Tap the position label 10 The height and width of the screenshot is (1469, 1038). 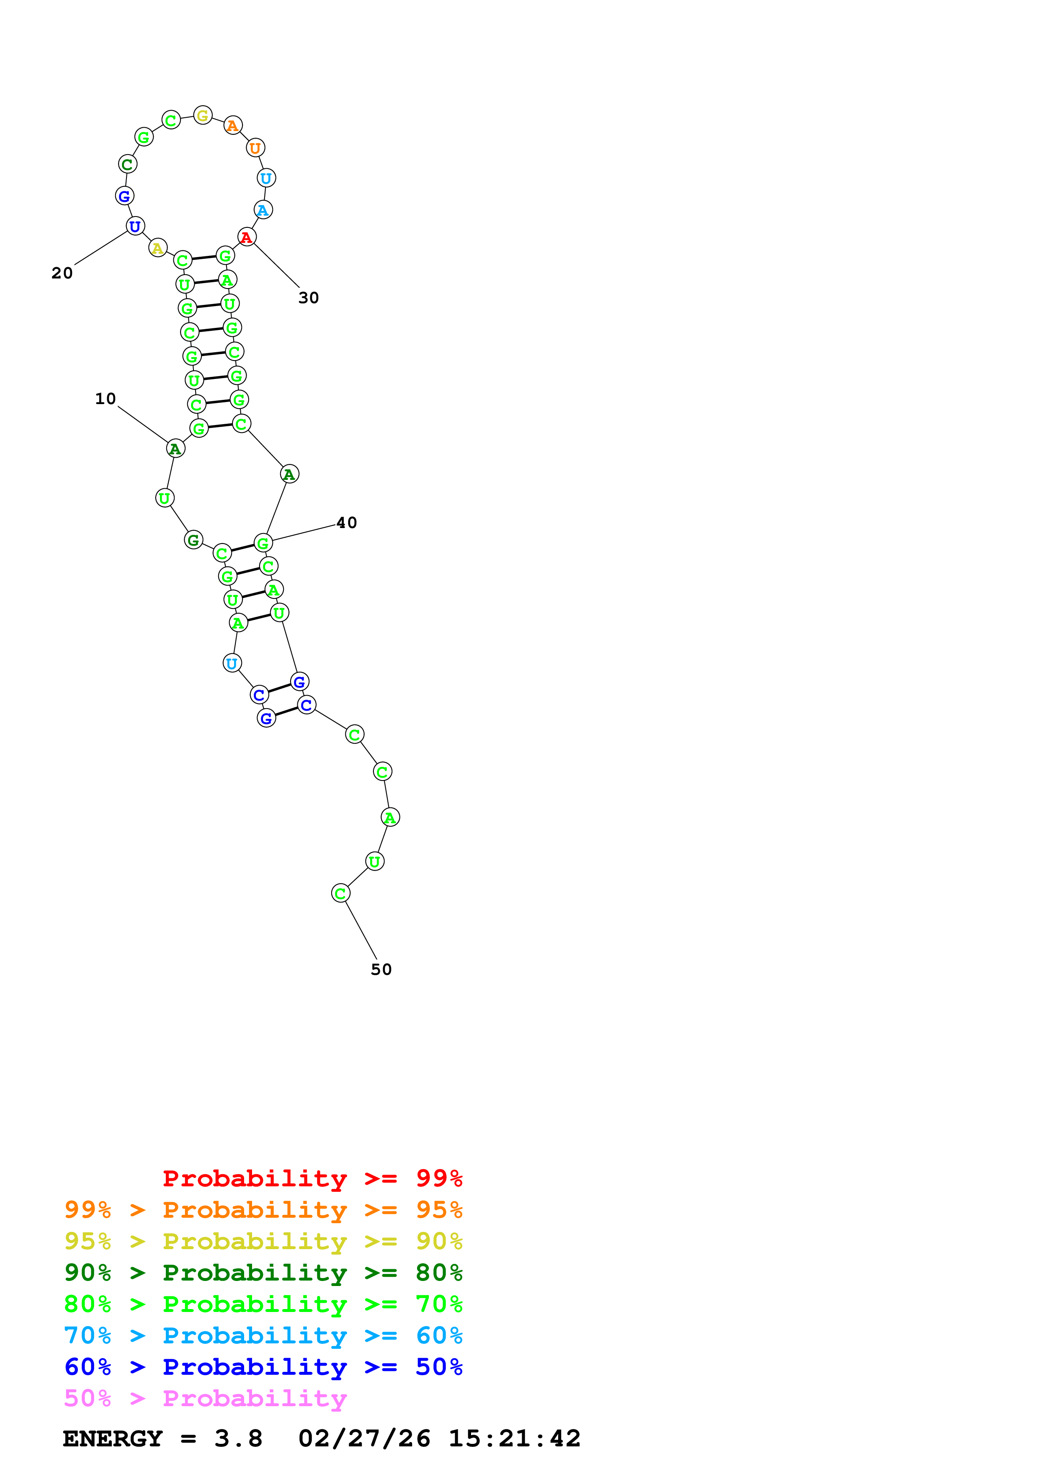(x=106, y=399)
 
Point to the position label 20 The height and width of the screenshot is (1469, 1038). (x=62, y=273)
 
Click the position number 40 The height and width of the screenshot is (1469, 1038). (x=347, y=523)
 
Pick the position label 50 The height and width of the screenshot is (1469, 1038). (x=381, y=969)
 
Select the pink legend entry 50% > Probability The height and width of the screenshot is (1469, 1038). (x=205, y=1398)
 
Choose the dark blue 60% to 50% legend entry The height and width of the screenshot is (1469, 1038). (x=263, y=1367)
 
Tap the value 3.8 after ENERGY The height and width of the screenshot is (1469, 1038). (x=238, y=1438)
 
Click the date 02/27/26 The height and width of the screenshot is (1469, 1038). (x=364, y=1438)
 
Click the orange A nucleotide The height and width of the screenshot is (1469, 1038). (x=233, y=126)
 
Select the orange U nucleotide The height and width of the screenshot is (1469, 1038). (x=255, y=148)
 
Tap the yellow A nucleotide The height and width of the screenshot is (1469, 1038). (x=158, y=248)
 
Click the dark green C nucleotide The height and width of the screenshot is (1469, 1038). (x=127, y=165)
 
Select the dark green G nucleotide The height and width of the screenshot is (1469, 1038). (x=193, y=540)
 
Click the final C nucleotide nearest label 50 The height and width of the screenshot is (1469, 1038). (x=340, y=893)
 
